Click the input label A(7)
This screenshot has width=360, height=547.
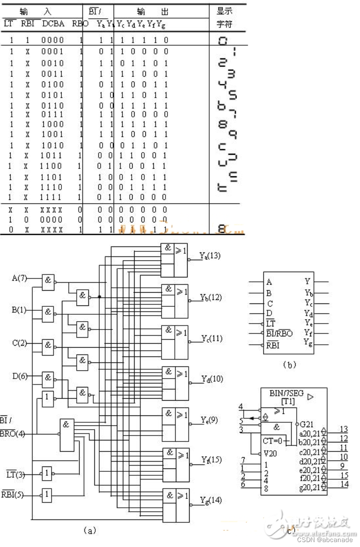[x=19, y=279]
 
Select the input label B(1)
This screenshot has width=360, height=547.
[x=19, y=310]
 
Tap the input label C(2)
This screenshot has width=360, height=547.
[x=19, y=343]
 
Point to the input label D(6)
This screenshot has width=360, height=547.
[x=19, y=376]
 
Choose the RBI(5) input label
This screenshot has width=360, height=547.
[x=14, y=492]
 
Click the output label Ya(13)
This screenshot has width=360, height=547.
[x=210, y=255]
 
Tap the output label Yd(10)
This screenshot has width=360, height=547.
[x=211, y=379]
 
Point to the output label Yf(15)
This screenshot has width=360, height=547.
[x=211, y=460]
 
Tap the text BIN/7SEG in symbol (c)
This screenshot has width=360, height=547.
[x=286, y=393]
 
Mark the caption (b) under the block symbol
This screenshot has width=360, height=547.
[x=288, y=364]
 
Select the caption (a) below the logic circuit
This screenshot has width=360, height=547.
[x=90, y=530]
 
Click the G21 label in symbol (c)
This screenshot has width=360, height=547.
[x=306, y=423]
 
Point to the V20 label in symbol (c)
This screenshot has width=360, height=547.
[x=270, y=453]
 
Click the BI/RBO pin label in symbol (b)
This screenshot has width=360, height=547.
[x=279, y=333]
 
